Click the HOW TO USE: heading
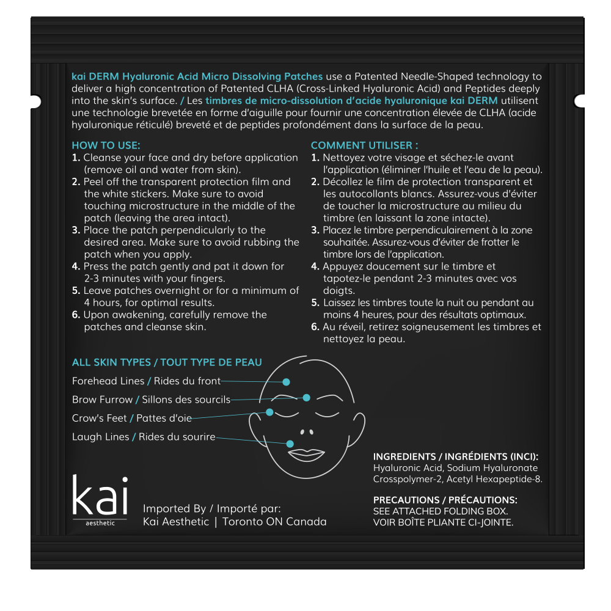point(106,145)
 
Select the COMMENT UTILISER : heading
point(365,145)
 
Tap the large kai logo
point(100,496)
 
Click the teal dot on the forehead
point(286,382)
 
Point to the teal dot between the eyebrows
point(307,398)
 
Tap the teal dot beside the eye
point(269,412)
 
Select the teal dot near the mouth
point(290,444)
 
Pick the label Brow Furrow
point(102,400)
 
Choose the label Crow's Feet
point(99,419)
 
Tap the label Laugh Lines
point(100,437)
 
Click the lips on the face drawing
point(306,455)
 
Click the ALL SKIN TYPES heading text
point(111,362)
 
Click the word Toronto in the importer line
point(243,522)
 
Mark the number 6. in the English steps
point(76,315)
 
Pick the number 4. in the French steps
point(315,266)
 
